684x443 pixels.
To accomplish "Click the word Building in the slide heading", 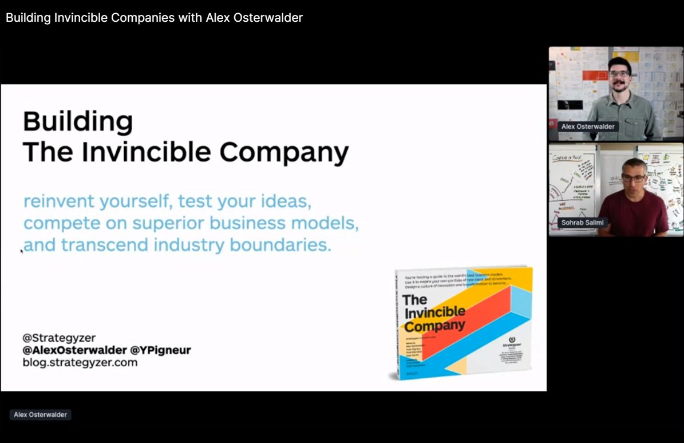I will [x=78, y=122].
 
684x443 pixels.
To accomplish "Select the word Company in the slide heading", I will [x=284, y=153].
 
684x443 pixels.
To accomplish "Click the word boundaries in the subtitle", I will [x=280, y=246].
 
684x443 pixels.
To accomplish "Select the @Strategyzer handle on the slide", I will [x=60, y=338].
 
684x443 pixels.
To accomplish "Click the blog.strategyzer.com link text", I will [x=80, y=362].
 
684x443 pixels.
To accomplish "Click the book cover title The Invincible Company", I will [x=433, y=313].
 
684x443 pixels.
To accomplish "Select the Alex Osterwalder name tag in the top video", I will [x=588, y=126].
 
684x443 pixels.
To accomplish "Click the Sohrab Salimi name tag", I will [x=583, y=222].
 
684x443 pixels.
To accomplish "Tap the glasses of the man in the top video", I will [x=619, y=73].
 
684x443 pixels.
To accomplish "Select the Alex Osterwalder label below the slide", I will [x=40, y=414].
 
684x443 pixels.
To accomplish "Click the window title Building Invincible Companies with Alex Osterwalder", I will [x=154, y=18].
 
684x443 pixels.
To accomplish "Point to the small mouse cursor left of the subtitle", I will [x=22, y=251].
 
